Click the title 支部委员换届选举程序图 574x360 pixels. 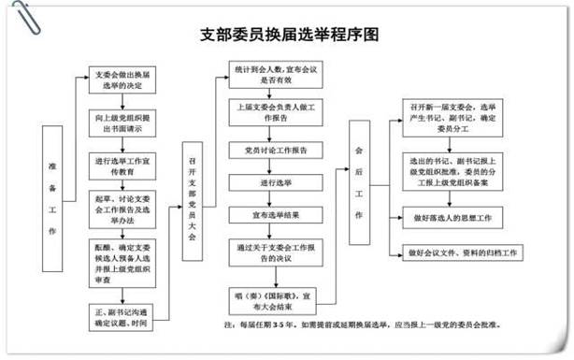[291, 36]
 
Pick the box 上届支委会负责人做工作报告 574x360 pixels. [277, 111]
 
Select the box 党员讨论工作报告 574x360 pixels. [277, 150]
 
